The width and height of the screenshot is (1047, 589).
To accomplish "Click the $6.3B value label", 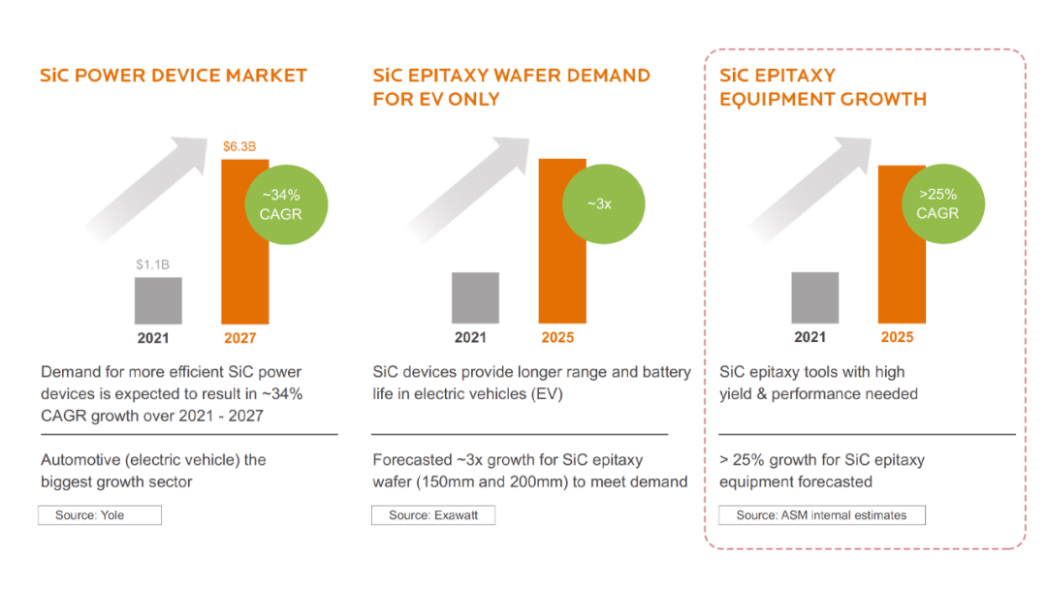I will (238, 147).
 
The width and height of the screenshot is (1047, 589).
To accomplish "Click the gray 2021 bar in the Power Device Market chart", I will (158, 300).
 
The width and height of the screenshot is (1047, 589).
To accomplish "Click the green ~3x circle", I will (599, 203).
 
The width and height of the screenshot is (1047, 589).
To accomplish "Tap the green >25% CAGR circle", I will (937, 203).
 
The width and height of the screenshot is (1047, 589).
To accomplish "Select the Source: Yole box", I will (100, 515).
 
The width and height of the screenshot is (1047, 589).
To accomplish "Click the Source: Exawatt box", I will (432, 515).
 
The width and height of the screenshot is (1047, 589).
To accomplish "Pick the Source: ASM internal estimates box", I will (821, 515).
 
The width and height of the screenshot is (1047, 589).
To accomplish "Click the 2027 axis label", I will (240, 338).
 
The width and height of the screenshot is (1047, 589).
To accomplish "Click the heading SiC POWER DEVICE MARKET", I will (174, 76).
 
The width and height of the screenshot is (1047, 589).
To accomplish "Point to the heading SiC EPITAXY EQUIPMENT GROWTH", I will (822, 87).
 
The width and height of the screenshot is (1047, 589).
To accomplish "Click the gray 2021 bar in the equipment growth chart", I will (814, 297).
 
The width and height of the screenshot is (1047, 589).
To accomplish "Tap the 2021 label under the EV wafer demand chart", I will (471, 338).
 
